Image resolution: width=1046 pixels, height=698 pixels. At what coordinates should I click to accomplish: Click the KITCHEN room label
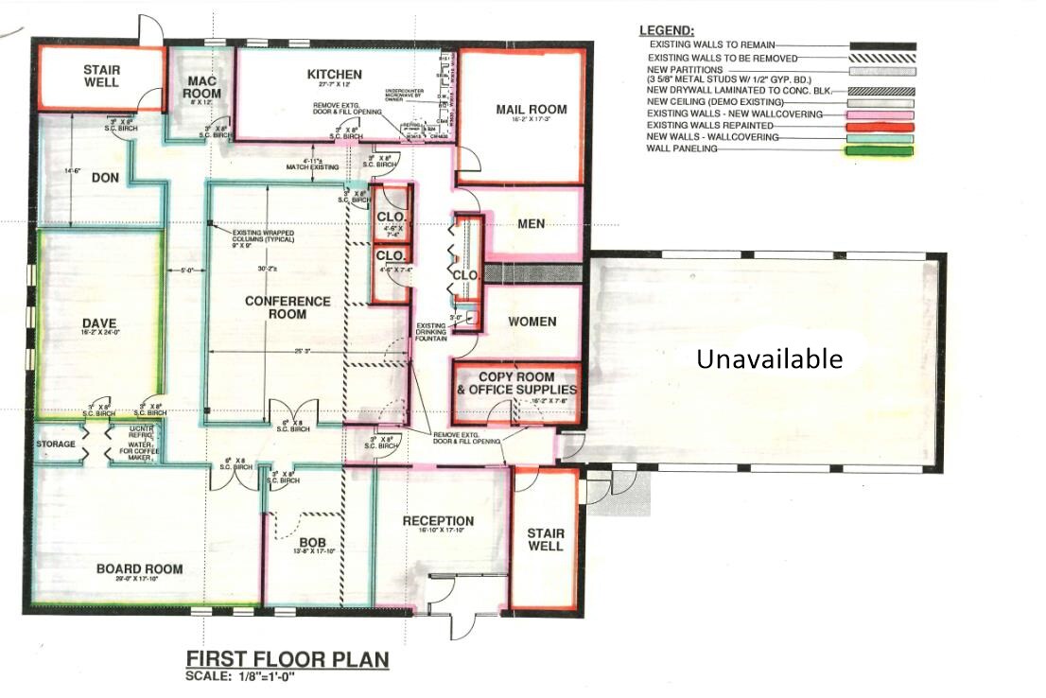click(334, 75)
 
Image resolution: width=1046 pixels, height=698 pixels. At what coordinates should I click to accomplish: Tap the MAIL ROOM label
click(532, 110)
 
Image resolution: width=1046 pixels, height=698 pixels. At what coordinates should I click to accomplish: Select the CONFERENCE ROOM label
click(288, 308)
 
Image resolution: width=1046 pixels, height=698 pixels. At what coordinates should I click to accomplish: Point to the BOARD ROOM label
click(139, 569)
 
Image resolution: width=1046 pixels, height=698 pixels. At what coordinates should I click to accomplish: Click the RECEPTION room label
click(438, 521)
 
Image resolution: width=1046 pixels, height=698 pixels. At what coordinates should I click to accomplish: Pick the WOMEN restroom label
click(532, 322)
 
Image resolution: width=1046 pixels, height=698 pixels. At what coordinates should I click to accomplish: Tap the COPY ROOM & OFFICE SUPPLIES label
click(515, 383)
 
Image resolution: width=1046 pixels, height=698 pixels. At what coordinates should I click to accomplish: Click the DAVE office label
click(98, 323)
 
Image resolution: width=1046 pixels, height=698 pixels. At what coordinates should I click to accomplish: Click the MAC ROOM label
click(202, 87)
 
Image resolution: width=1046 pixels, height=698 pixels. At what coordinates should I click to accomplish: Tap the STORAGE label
click(56, 443)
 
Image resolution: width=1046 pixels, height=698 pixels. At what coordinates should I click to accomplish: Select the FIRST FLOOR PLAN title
click(287, 659)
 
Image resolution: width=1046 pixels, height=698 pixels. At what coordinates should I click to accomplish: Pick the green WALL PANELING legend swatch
click(881, 149)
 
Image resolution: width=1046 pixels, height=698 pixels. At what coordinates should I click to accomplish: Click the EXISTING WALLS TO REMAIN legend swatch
click(881, 44)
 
